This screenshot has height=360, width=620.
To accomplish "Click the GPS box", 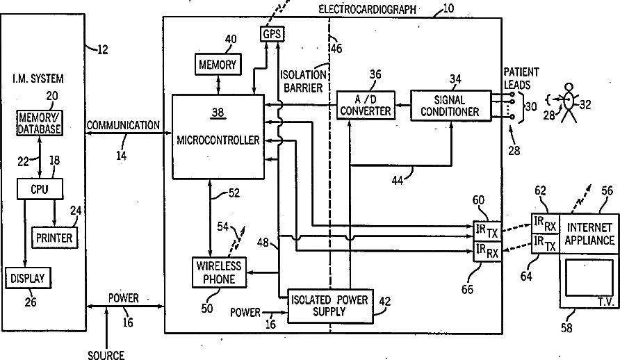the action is coord(272,33).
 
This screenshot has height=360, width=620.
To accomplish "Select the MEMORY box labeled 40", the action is coord(218,64).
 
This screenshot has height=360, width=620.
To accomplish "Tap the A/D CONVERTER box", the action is coord(366,105).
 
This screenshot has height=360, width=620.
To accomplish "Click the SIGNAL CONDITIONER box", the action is coord(450,106).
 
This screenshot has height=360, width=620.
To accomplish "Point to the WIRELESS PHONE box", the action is coord(219,272).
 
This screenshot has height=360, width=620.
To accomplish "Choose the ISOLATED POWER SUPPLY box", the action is coord(329,306).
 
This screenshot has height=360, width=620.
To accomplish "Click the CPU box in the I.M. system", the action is coord(40,189).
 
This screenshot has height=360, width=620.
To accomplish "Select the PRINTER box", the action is coord(54,238).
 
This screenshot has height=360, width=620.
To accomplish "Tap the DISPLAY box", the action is coord(28,278).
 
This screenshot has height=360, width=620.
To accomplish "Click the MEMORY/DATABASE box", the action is coord(40,123).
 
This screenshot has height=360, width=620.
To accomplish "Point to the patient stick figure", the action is coord(569,102).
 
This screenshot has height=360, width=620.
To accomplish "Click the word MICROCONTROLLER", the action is coord(218,140).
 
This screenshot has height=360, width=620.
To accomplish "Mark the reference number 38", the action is coord(218,113).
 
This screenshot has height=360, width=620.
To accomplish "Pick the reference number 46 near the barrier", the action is coord(336,48).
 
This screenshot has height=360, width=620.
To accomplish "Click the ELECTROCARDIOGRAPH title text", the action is coord(367,9).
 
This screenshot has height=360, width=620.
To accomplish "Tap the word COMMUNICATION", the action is coord(123,125).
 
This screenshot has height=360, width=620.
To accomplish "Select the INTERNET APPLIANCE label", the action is coord(589,234).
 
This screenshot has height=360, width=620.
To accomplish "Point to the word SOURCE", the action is coord(106,355).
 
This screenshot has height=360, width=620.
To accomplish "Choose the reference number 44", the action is coord(398,181).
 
